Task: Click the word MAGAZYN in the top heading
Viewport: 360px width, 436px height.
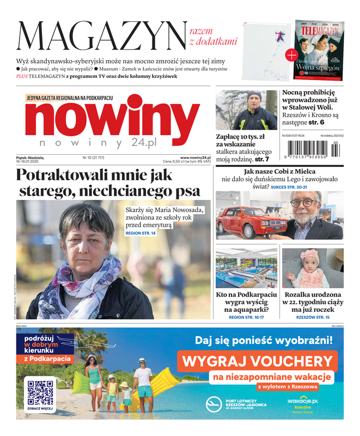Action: (101, 37)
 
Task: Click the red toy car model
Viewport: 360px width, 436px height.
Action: (245, 221)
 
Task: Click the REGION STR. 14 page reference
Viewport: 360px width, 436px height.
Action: (141, 233)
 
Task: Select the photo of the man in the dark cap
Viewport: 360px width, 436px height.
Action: (246, 110)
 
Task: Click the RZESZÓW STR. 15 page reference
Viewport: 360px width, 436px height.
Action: (313, 317)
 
